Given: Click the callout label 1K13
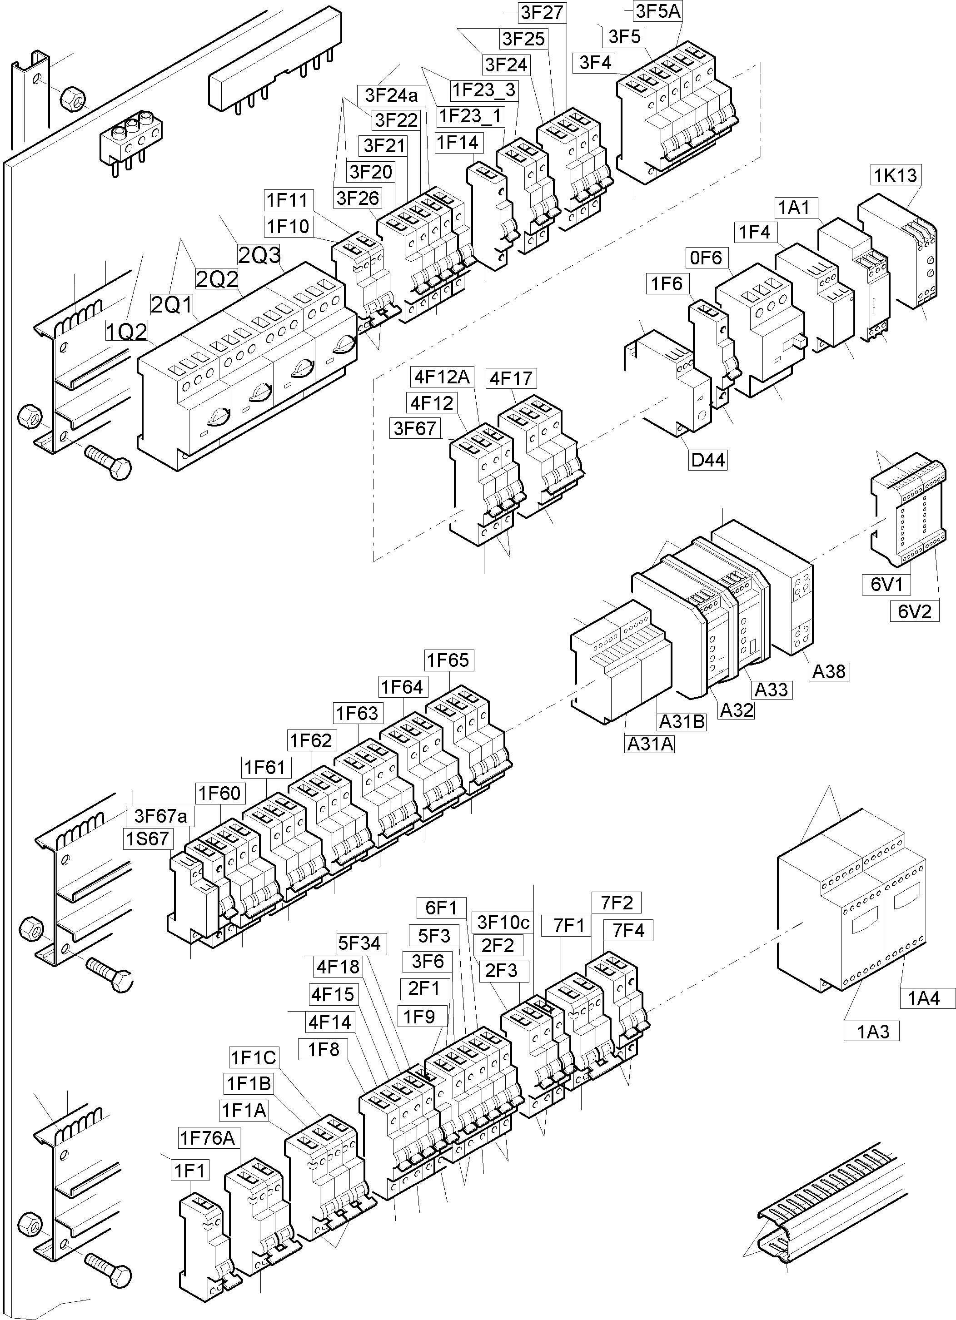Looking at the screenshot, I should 896,174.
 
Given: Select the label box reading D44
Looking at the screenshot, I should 707,460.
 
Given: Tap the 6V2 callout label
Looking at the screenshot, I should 914,611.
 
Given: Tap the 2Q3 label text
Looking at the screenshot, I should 259,254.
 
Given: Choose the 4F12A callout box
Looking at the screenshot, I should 441,377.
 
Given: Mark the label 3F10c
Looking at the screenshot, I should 503,922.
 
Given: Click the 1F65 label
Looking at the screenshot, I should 448,660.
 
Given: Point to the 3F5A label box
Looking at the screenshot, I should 658,10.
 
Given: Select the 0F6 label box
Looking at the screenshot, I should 705,257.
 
